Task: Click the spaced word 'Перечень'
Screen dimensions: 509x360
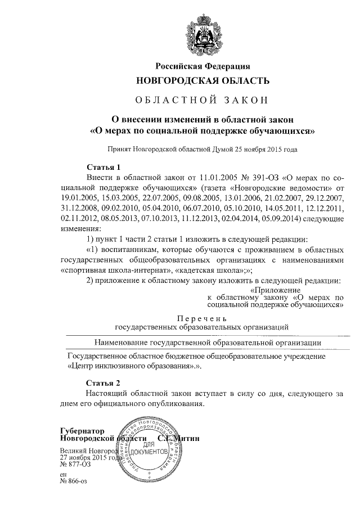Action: coord(202,318)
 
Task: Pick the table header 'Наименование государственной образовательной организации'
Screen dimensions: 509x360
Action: coord(208,341)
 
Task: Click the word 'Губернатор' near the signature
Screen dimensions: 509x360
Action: coord(83,430)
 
